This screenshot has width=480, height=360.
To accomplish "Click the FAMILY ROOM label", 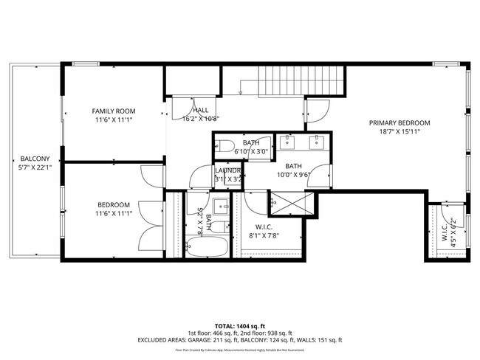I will tap(113, 111).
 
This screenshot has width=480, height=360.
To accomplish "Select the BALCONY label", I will tap(35, 159).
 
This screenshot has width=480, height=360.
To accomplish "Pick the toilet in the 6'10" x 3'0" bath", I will tap(227, 145).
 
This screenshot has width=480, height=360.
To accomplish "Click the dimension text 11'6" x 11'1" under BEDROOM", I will tap(113, 214).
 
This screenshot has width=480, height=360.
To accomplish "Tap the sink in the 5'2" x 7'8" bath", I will tap(219, 204).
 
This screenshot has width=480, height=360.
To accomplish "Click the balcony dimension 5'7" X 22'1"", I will tap(35, 168).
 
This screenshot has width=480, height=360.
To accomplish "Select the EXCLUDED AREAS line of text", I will tap(240, 340).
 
